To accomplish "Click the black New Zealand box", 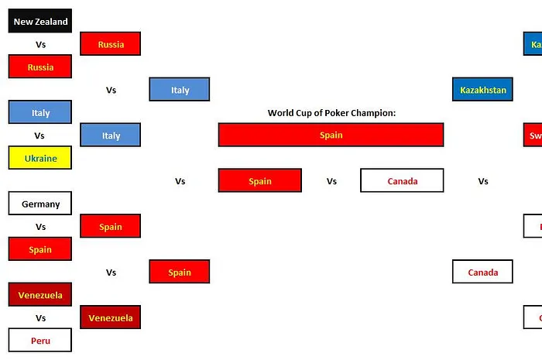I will pos(40,22).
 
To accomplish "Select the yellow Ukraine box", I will pos(40,158).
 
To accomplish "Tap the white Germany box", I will pos(40,204).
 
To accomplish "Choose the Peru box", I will pos(40,341).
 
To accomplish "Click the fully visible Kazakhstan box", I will pos(482,90).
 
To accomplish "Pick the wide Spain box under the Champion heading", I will pos(331,135).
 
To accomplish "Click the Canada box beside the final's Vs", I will pos(402,181).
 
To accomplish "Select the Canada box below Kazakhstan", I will pos(482,273).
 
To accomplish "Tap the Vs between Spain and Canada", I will pos(331,181).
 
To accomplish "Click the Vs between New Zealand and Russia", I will pos(40,44).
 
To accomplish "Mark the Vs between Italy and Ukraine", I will pos(40,135).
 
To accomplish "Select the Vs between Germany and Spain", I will pos(40,227).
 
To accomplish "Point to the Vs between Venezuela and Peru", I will pos(40,318).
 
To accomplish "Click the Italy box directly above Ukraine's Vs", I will pos(40,113).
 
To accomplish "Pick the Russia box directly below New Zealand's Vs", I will pos(40,67).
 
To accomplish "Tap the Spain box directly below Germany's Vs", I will pos(40,249).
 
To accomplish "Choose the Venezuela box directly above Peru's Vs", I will pos(40,295).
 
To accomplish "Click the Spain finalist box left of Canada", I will pos(260,181).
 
